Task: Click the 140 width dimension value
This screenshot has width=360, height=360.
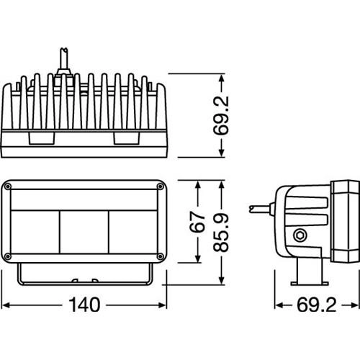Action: [84, 305]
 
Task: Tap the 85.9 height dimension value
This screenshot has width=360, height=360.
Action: [221, 233]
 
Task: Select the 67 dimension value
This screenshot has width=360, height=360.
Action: [197, 222]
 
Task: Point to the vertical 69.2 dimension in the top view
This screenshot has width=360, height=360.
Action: [221, 115]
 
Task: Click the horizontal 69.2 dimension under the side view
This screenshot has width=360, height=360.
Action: [317, 305]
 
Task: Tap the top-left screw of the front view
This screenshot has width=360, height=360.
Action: [8, 186]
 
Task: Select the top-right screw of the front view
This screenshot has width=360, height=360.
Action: [160, 186]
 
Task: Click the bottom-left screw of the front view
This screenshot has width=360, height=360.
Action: [8, 256]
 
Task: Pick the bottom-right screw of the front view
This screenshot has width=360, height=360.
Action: [160, 256]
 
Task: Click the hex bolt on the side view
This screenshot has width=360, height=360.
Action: [300, 235]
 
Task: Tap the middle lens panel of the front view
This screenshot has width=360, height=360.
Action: [84, 232]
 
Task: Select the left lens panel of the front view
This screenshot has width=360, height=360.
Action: [35, 232]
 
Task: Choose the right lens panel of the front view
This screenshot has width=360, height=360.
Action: [133, 232]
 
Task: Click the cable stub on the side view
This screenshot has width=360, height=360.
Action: [261, 209]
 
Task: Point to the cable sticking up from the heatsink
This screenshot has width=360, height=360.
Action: [64, 61]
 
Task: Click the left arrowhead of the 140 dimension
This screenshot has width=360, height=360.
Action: [5, 305]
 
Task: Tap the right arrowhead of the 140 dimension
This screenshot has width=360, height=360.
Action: [163, 305]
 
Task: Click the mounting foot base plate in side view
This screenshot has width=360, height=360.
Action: [310, 284]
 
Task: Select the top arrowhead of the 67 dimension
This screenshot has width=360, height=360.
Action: [198, 185]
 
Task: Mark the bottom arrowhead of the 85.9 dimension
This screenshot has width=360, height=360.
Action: [221, 280]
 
